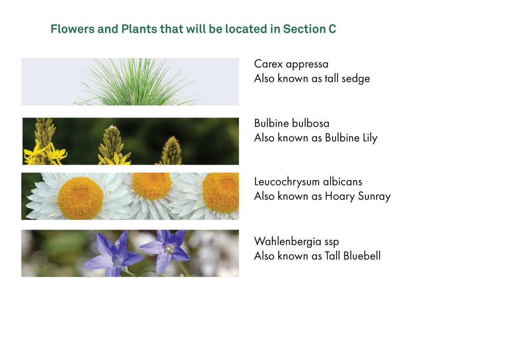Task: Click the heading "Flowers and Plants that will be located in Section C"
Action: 193,29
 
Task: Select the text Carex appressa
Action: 291,64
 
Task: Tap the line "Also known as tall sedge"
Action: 312,79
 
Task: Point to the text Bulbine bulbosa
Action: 291,124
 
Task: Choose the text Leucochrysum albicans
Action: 308,182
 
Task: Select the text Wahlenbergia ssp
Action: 296,242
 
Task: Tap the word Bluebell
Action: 362,256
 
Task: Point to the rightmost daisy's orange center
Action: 222,193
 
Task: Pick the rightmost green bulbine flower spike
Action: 171,151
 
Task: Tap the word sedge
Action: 355,79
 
